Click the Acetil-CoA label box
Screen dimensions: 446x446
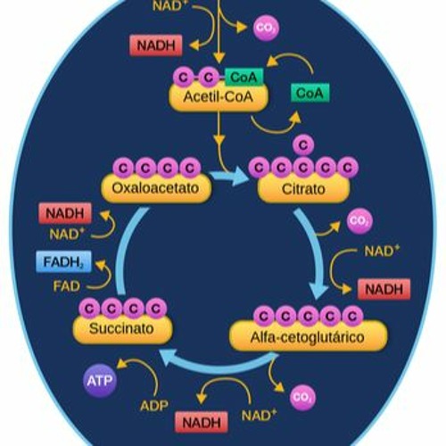[215, 98]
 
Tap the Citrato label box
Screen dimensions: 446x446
[302, 189]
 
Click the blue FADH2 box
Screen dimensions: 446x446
[62, 263]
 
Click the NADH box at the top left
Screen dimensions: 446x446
[156, 45]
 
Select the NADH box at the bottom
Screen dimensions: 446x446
[201, 423]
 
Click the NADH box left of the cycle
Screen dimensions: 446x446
[63, 214]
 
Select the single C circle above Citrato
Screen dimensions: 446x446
[303, 144]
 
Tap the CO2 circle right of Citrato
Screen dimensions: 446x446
[359, 220]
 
